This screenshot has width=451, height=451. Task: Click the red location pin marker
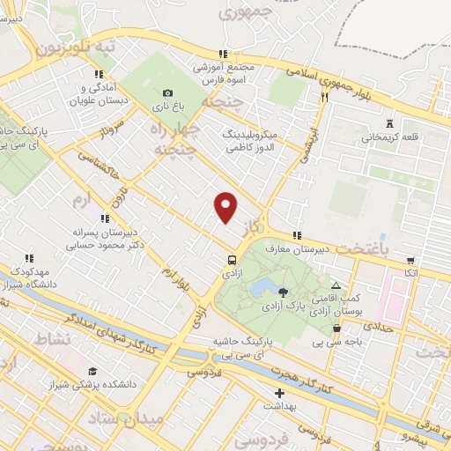point(226,207)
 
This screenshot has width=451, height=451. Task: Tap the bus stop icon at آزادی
point(232,261)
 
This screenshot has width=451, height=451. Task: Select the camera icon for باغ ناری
point(168,93)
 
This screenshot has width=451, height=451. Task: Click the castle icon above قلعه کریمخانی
point(391,122)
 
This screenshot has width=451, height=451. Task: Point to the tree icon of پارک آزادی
point(282,292)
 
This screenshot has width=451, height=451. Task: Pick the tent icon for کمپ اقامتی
point(336,285)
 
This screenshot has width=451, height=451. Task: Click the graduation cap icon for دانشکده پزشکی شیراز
point(93,371)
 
